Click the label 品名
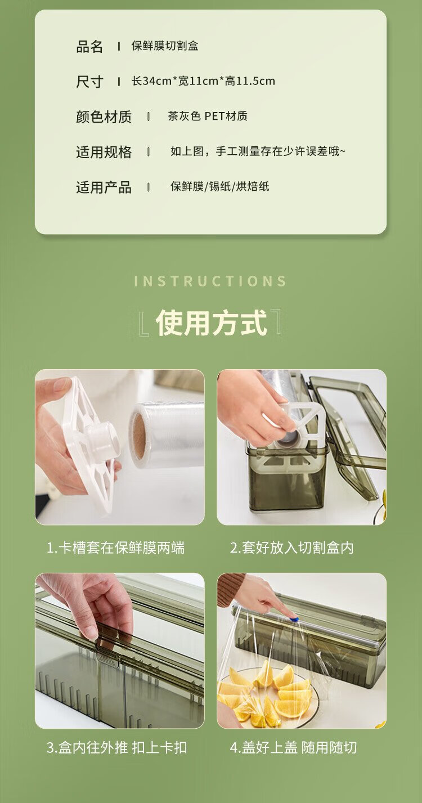(89, 47)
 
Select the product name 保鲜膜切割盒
(165, 46)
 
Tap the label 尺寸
(89, 82)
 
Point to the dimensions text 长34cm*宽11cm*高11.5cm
(203, 81)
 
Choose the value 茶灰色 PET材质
(208, 116)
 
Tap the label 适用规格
(104, 152)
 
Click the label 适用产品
(104, 187)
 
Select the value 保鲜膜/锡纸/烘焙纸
(220, 186)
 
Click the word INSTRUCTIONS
(211, 281)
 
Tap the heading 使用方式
(211, 322)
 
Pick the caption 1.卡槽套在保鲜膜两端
(116, 548)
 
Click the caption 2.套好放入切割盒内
(292, 548)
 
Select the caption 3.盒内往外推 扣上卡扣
(117, 747)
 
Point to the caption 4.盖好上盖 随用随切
(293, 747)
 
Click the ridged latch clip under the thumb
(107, 660)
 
